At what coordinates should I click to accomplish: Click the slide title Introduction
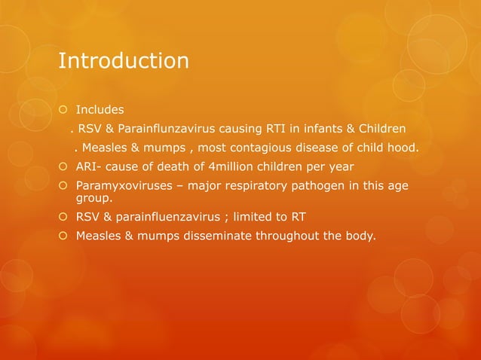124,60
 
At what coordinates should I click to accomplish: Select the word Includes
100,110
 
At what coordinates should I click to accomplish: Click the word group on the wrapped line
92,200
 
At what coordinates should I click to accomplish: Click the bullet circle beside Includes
64,111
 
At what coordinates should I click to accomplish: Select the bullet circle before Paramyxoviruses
64,185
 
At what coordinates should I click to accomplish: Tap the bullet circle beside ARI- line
64,166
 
